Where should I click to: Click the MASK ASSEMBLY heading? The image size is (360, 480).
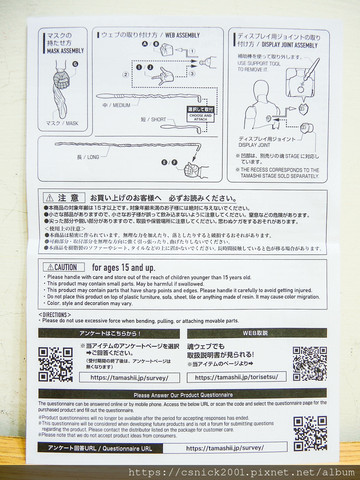point(65,51)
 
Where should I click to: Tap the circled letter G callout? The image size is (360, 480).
point(75,64)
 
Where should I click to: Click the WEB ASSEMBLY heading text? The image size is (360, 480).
point(182,35)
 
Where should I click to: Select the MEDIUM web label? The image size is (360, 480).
point(121,105)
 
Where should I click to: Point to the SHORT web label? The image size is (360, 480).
point(158,120)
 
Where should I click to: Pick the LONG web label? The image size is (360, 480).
point(93,157)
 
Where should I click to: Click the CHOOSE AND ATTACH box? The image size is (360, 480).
point(201,117)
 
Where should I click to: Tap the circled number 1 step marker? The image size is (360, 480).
point(192,51)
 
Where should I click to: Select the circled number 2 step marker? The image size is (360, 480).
point(126,75)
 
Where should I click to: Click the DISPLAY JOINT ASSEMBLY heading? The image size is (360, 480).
point(290,45)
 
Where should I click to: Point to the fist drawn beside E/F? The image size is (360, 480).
point(191,170)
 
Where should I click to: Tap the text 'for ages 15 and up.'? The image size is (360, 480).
point(124,268)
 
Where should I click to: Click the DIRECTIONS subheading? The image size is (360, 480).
point(54,315)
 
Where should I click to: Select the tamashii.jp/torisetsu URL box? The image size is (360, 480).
point(237,377)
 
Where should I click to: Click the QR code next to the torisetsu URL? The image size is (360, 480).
point(310,364)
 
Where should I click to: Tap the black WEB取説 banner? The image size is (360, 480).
point(257,333)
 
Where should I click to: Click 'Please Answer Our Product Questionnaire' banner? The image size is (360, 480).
point(182,395)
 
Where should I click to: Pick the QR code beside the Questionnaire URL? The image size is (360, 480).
point(310,433)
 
